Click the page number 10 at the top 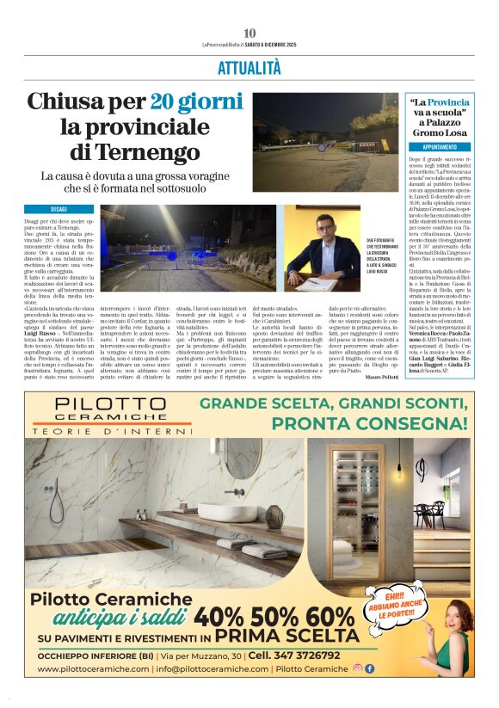[249, 32]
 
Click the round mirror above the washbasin [241, 457]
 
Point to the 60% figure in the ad [330, 617]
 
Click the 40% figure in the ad [220, 617]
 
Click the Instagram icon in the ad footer [358, 668]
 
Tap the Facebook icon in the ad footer [370, 668]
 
